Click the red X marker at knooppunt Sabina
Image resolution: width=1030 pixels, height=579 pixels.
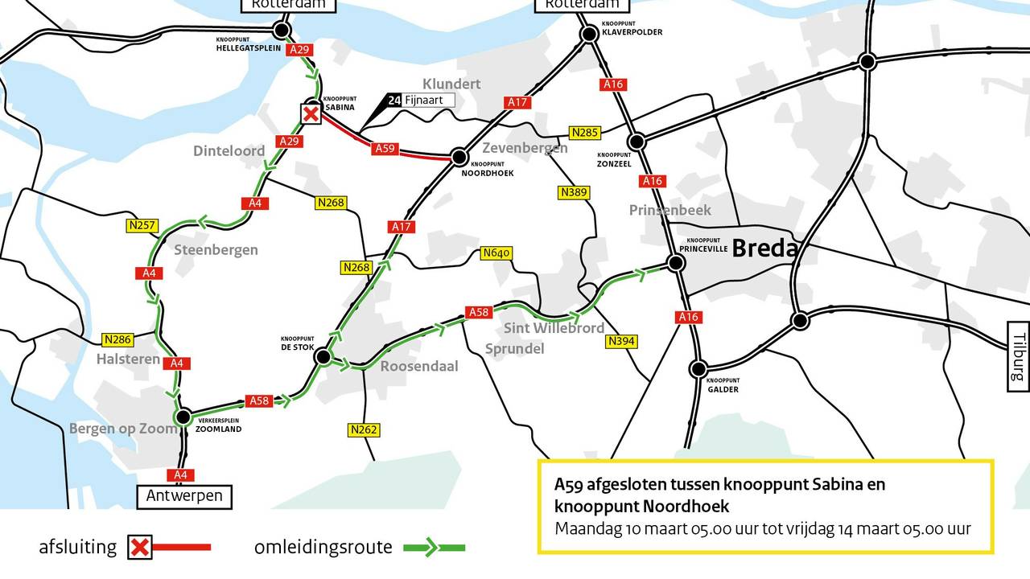tap(311, 114)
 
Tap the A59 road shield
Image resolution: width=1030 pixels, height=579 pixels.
tap(385, 149)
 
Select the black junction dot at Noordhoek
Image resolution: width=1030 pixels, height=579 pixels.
tap(459, 156)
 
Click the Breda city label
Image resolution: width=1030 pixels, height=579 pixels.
tap(764, 248)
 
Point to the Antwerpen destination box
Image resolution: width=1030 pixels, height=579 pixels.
tap(184, 496)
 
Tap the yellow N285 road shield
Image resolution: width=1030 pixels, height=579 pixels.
tap(585, 132)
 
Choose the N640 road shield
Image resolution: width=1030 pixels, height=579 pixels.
tap(496, 253)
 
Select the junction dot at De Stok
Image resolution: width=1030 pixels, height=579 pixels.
tap(323, 356)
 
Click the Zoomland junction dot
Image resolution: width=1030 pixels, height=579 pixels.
tap(183, 417)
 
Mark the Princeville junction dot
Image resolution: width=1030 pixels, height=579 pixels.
tap(676, 262)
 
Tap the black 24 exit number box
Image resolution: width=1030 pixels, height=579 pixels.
tap(393, 101)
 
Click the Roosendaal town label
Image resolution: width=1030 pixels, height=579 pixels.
tap(419, 366)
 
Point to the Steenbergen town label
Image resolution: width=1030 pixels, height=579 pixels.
tap(216, 250)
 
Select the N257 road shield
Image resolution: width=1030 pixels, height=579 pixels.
tap(142, 226)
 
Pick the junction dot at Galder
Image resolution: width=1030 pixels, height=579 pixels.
tap(698, 369)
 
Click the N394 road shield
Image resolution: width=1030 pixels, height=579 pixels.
tap(621, 342)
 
